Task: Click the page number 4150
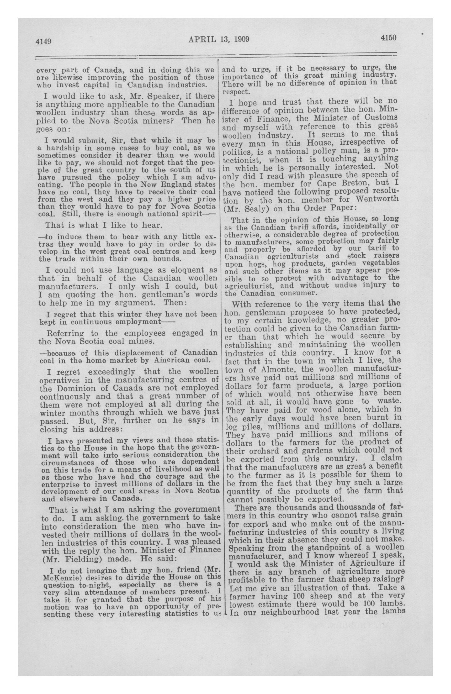point(388,38)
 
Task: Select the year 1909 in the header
point(241,39)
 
